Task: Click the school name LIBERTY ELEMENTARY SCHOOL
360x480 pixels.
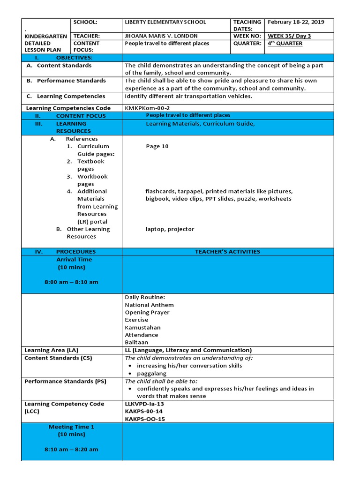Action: coord(165,22)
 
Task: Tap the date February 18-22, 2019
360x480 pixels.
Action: coord(295,22)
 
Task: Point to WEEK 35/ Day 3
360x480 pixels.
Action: coord(289,36)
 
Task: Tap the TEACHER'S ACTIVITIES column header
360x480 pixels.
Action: coord(227,252)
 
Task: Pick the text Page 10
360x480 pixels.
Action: coord(157,146)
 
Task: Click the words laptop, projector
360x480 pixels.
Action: coord(169,229)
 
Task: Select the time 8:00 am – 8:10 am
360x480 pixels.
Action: coord(71,282)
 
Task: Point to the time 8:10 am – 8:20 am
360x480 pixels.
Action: coord(71,450)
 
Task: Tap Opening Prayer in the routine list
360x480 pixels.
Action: coord(147,312)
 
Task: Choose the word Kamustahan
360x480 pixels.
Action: coord(142,327)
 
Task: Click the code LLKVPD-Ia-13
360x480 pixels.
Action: coord(144,404)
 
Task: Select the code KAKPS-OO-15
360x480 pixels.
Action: coord(145,419)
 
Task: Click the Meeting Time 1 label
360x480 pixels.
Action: coord(71,427)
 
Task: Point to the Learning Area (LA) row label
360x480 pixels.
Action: coord(52,350)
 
